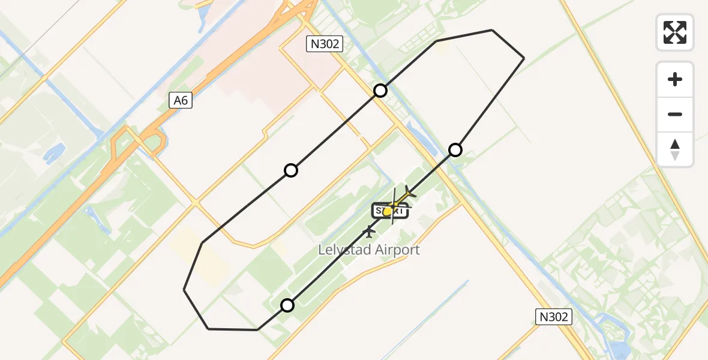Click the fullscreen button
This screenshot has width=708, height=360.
click(x=675, y=32)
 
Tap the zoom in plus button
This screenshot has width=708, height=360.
click(x=675, y=79)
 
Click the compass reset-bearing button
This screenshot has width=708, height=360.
click(x=675, y=149)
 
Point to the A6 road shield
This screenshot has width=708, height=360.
click(x=181, y=101)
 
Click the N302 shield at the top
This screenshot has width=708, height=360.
click(x=324, y=44)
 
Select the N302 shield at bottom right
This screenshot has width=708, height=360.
click(x=553, y=317)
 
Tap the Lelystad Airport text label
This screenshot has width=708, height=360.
click(x=370, y=250)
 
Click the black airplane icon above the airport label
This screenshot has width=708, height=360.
click(x=369, y=231)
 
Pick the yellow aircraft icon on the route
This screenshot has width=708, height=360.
click(x=409, y=193)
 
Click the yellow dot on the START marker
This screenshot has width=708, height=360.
click(x=388, y=211)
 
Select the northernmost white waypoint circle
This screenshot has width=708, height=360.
click(x=380, y=91)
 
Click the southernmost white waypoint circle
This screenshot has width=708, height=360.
click(x=287, y=305)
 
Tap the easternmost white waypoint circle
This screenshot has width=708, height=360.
click(x=455, y=150)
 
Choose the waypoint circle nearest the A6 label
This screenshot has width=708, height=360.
click(x=291, y=170)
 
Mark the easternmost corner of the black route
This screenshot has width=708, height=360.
click(x=524, y=58)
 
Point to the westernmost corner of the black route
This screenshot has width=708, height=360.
click(x=184, y=290)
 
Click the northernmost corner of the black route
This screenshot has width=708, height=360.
click(x=492, y=29)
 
